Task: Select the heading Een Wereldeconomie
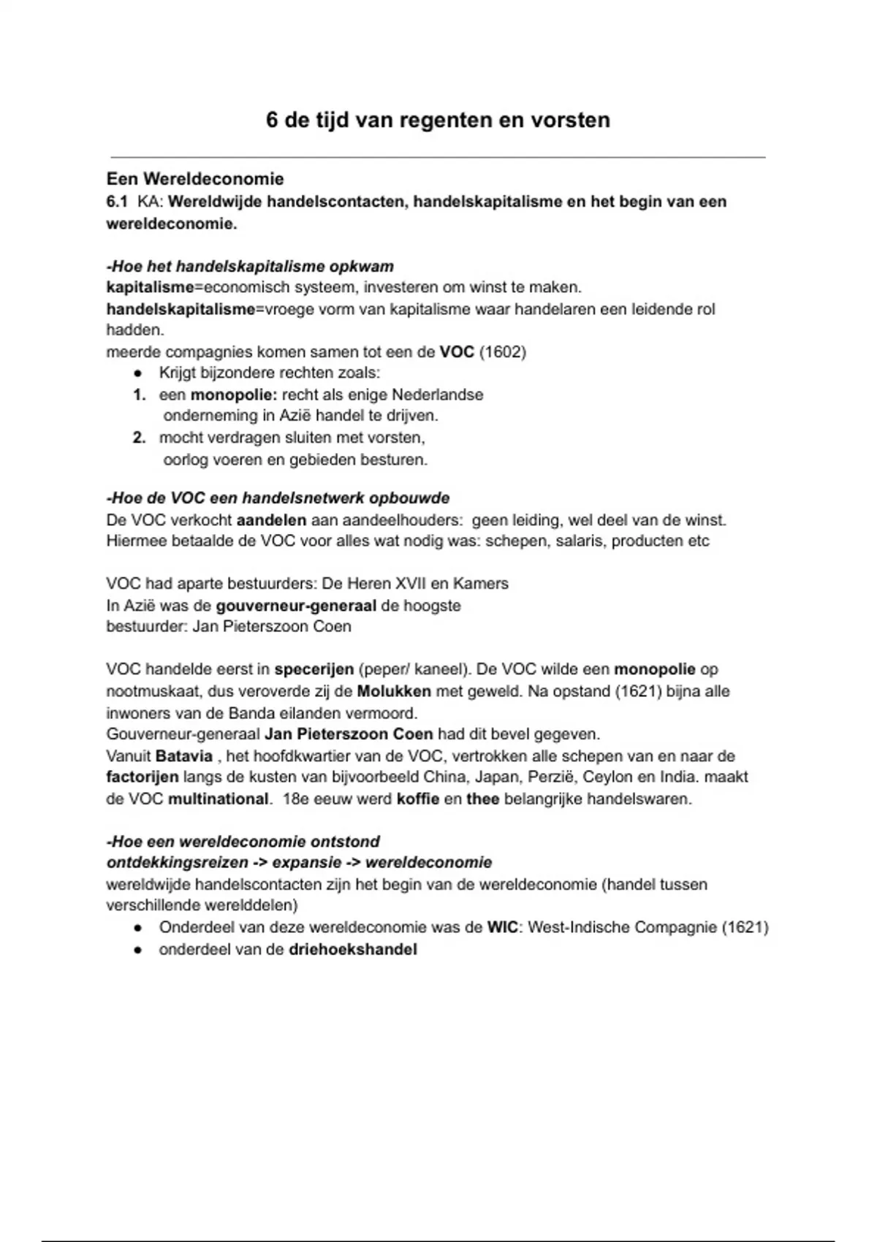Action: coord(195,179)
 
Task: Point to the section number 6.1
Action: coord(117,202)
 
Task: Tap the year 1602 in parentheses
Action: coord(503,352)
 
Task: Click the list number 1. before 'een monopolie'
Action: coord(140,395)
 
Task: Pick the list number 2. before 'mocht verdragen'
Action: coord(140,438)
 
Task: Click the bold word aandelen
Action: coord(272,521)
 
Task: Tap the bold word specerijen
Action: coord(314,669)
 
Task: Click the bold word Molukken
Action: coord(394,691)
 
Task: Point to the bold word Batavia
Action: coord(184,756)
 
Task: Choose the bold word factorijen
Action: coord(143,777)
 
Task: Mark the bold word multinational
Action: coord(218,799)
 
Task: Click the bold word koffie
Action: coord(418,799)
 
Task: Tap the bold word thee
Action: coord(482,799)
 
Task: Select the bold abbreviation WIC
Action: coord(502,928)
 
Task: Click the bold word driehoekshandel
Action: coord(353,950)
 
